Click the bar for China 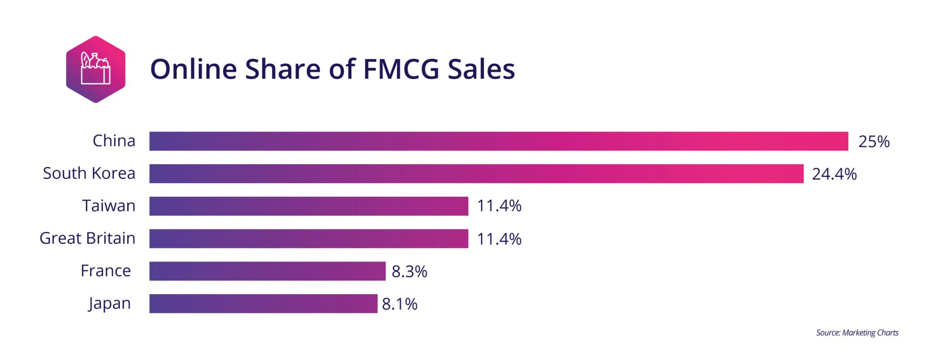click(x=499, y=141)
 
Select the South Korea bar click(x=476, y=174)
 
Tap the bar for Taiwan click(x=309, y=206)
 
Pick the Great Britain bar click(x=309, y=239)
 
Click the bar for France click(x=267, y=271)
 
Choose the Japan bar click(x=263, y=304)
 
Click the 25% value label click(x=873, y=142)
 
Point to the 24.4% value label click(x=834, y=174)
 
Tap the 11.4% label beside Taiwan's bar click(x=499, y=206)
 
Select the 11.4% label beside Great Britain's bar click(x=499, y=239)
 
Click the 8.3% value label click(x=409, y=272)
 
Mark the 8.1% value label click(x=399, y=304)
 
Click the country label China click(x=114, y=141)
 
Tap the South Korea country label click(x=89, y=173)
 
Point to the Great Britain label click(x=87, y=238)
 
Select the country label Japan click(x=110, y=304)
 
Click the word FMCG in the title click(x=401, y=69)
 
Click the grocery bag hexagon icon click(x=95, y=69)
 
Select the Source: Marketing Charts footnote click(x=857, y=333)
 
